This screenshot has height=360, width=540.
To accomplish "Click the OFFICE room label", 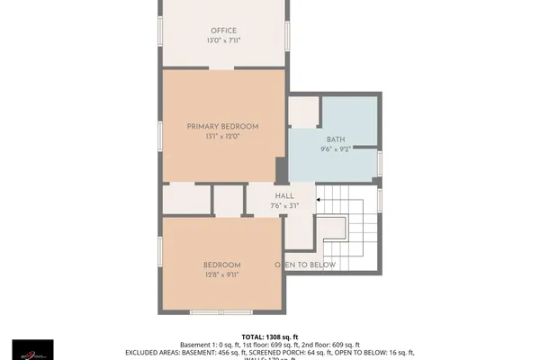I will (224, 31).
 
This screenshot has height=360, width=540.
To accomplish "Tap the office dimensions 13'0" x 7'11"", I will (224, 41).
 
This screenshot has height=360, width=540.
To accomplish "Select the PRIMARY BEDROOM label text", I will (222, 127).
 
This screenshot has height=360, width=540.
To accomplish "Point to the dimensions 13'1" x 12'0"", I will (222, 138).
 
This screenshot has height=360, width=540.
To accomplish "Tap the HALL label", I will (283, 195).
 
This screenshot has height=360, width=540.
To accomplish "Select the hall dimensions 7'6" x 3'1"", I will (283, 206).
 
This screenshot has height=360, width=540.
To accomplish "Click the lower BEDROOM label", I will (221, 264).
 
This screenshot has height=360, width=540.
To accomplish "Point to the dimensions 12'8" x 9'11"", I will (221, 274).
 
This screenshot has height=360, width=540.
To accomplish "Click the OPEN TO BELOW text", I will (305, 265).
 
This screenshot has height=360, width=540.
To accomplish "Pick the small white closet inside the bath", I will (303, 112).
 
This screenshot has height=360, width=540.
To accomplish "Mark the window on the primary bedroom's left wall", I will (160, 132).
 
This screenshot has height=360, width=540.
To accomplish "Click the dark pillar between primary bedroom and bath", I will (281, 170).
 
